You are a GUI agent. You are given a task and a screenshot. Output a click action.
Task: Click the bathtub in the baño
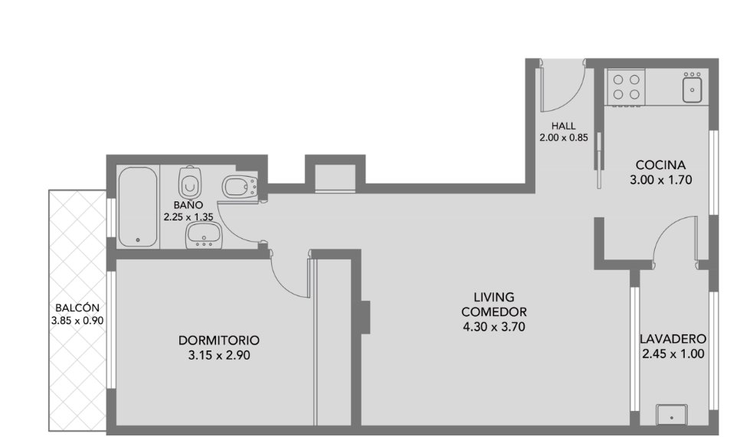click(137, 207)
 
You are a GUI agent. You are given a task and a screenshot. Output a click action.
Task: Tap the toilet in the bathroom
click(191, 182)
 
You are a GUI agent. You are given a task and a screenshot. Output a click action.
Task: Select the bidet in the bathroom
click(240, 187)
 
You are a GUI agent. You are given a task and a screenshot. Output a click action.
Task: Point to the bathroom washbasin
click(205, 235)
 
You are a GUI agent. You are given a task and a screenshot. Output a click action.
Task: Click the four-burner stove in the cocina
click(626, 87)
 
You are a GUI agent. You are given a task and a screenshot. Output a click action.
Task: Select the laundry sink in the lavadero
click(672, 416)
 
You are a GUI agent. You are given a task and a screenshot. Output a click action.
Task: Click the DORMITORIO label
click(219, 341)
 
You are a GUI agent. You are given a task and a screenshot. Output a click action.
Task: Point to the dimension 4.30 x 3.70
click(494, 327)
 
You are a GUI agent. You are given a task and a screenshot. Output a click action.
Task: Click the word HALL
click(564, 126)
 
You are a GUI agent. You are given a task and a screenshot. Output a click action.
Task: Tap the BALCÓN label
click(77, 308)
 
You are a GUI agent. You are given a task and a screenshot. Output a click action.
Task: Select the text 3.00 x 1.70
click(660, 180)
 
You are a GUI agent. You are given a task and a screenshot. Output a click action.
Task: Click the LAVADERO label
click(673, 339)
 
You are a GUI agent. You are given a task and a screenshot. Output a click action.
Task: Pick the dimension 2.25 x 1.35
click(188, 217)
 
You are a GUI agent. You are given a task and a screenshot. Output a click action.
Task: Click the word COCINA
click(660, 165)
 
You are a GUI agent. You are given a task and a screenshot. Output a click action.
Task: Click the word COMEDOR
click(494, 312)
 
